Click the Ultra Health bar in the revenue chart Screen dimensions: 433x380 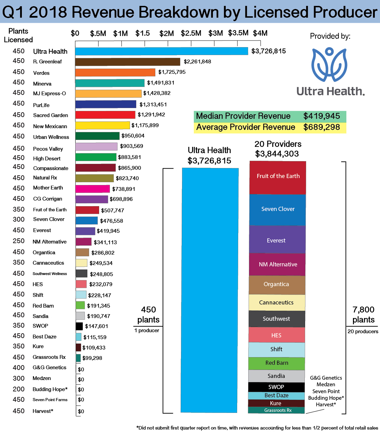point(162,51)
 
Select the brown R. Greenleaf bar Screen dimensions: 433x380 point(128,62)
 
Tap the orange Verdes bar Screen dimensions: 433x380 point(115,72)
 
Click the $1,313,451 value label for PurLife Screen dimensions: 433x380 point(153,105)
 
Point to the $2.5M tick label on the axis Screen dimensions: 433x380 point(191,33)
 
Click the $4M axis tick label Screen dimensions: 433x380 point(260,33)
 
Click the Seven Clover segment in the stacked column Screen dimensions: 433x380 point(278,209)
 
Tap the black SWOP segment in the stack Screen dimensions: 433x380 point(276,387)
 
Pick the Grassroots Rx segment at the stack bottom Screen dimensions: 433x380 point(276,410)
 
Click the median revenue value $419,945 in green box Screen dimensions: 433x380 point(321,116)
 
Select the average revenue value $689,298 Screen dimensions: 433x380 point(321,127)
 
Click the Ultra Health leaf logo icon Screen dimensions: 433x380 point(329,65)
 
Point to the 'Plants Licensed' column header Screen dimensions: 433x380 point(18,35)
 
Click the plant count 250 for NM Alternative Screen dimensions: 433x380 point(19,241)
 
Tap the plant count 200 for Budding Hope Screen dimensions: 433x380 point(19,389)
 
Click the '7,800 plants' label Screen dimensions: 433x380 point(363,315)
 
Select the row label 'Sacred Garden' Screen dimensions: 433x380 point(51,115)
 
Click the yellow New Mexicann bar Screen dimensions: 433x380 point(103,125)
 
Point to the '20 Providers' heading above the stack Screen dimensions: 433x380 point(278,144)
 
